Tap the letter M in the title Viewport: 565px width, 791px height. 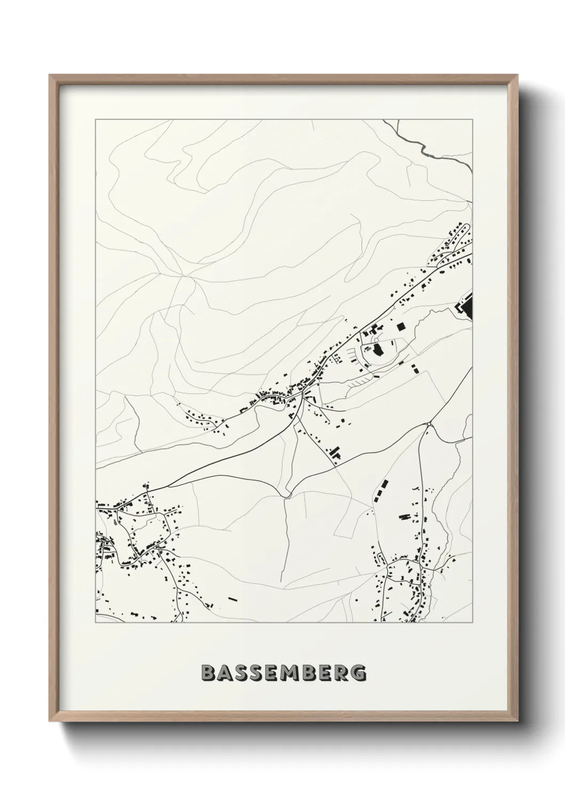[x=286, y=673]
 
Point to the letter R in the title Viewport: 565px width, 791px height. [x=342, y=673]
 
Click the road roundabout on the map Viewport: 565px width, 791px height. [x=429, y=424]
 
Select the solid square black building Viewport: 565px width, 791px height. [x=401, y=327]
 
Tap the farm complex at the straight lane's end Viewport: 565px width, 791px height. [x=335, y=454]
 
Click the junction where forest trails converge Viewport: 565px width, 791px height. [x=184, y=276]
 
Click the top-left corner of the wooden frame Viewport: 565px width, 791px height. [x=50, y=75]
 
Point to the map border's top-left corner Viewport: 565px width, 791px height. [x=96, y=120]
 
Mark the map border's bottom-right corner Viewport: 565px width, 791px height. [x=473, y=623]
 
